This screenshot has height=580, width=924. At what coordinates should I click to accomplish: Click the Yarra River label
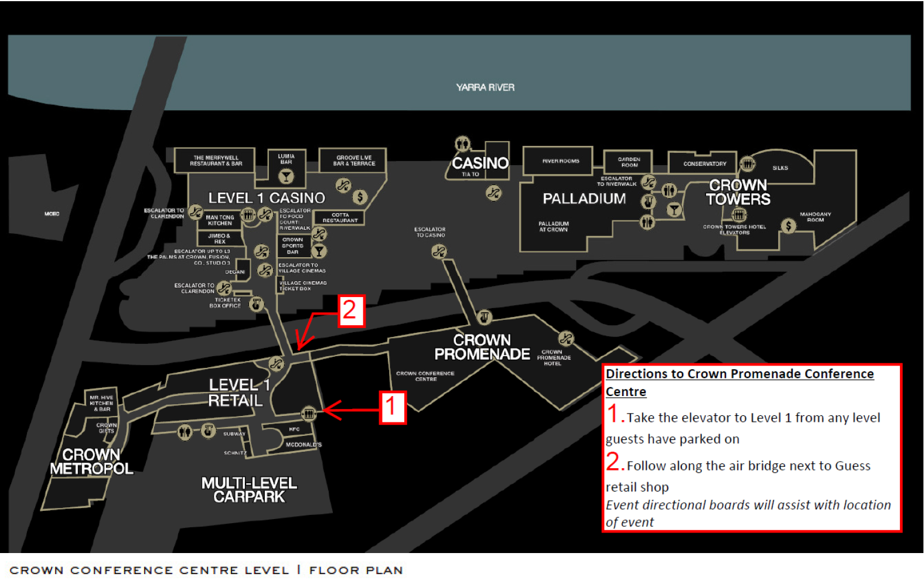pyautogui.click(x=485, y=87)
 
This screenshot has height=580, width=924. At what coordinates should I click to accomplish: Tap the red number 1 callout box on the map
pyautogui.click(x=392, y=407)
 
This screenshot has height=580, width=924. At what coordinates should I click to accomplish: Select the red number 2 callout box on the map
pyautogui.click(x=350, y=310)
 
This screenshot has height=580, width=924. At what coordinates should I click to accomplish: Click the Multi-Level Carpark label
pyautogui.click(x=249, y=490)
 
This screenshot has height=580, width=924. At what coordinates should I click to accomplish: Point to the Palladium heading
pyautogui.click(x=584, y=199)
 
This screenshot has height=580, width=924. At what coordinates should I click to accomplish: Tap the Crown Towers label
pyautogui.click(x=738, y=192)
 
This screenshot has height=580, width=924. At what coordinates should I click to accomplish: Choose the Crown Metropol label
pyautogui.click(x=91, y=462)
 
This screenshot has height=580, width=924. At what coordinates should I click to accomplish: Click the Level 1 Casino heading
pyautogui.click(x=267, y=198)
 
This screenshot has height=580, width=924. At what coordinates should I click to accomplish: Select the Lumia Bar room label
pyautogui.click(x=286, y=159)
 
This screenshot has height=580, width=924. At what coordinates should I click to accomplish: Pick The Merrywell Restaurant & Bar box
pyautogui.click(x=216, y=161)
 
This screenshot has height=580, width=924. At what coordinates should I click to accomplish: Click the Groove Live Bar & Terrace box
pyautogui.click(x=354, y=161)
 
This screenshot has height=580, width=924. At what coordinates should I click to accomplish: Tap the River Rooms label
pyautogui.click(x=561, y=161)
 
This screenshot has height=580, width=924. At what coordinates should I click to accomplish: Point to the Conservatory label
pyautogui.click(x=704, y=164)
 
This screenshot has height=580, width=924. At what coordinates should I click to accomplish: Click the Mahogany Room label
pyautogui.click(x=815, y=217)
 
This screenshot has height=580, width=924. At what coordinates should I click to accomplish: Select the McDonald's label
pyautogui.click(x=304, y=445)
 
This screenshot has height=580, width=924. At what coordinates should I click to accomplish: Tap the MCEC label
pyautogui.click(x=52, y=214)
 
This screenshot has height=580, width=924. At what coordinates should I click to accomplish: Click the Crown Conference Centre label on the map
pyautogui.click(x=425, y=376)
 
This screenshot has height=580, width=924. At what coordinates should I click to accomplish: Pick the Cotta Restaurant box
pyautogui.click(x=340, y=217)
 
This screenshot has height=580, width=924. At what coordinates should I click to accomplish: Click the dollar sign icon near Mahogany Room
pyautogui.click(x=789, y=226)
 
